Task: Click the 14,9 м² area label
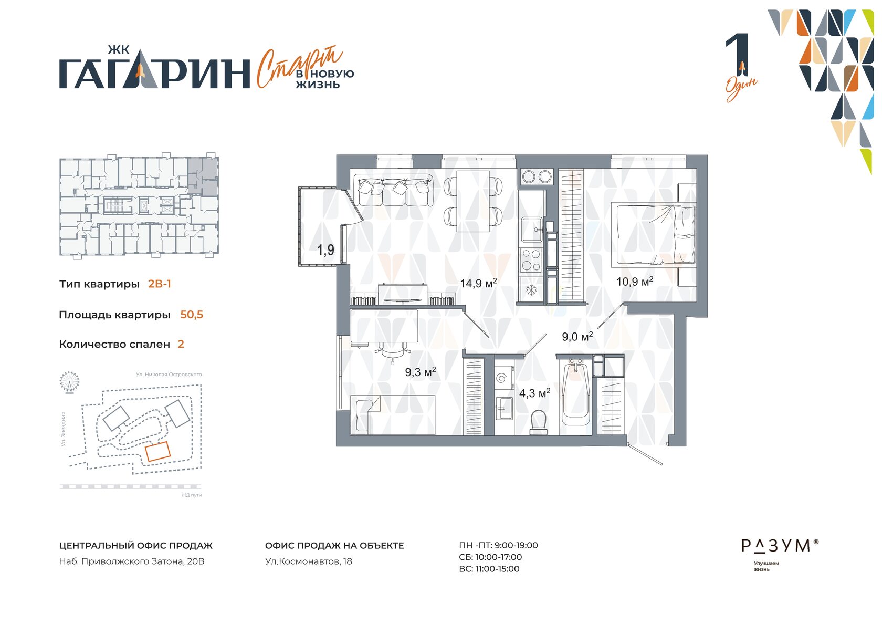478,283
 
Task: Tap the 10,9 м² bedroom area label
635,282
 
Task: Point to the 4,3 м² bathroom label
534,393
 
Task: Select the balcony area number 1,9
325,249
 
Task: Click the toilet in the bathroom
538,422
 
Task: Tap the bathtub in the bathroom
575,394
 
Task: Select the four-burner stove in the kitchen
531,261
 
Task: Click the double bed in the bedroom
653,235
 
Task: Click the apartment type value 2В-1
160,284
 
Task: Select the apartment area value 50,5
192,315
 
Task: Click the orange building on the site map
158,452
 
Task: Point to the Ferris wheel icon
70,382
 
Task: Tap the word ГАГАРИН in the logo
155,73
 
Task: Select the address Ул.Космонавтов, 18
309,561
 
